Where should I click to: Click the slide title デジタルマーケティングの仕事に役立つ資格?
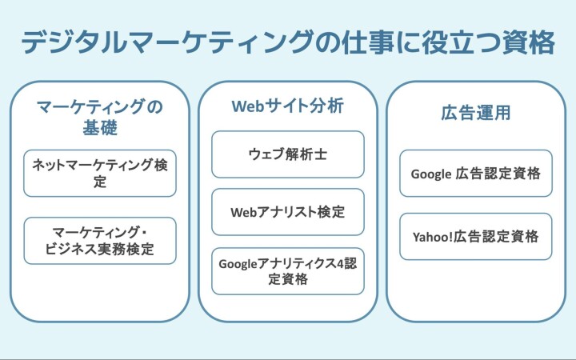click(x=288, y=42)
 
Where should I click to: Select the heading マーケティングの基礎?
click(x=100, y=117)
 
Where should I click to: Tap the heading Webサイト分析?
click(x=288, y=106)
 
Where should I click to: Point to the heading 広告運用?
click(x=476, y=113)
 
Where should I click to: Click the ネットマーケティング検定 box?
click(x=100, y=173)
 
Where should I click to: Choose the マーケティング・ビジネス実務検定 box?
click(x=100, y=241)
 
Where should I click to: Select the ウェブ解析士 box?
click(x=288, y=154)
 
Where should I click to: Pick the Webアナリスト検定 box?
click(x=288, y=212)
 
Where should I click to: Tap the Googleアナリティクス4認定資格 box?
click(x=288, y=271)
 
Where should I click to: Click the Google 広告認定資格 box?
click(x=476, y=173)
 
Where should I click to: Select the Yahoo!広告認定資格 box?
click(x=476, y=237)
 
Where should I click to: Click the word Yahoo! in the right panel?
click(x=433, y=237)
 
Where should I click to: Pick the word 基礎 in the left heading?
click(x=100, y=128)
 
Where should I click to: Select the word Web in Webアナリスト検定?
click(x=242, y=212)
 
